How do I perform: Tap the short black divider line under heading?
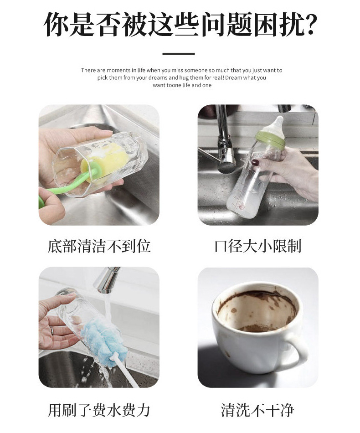coord(179,54)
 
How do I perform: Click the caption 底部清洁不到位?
coord(99,247)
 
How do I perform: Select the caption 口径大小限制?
coord(258,247)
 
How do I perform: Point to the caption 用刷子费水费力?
coord(99,410)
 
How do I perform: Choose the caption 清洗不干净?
coord(258,410)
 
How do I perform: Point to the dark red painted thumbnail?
coord(255,162)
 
